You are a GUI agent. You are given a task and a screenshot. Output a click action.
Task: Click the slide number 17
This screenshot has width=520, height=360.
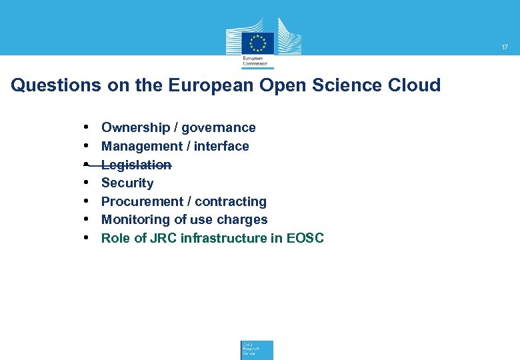tap(505, 47)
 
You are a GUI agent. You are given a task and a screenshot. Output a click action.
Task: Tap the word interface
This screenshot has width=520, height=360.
tap(221, 146)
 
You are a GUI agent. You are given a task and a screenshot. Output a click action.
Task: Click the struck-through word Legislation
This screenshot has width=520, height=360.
tap(136, 165)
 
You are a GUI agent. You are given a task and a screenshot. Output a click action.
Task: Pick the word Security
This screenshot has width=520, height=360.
tap(127, 183)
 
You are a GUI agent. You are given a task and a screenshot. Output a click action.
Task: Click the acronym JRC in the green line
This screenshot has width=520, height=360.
tap(163, 238)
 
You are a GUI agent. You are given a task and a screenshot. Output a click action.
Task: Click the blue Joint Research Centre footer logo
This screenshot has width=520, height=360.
tap(257, 350)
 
